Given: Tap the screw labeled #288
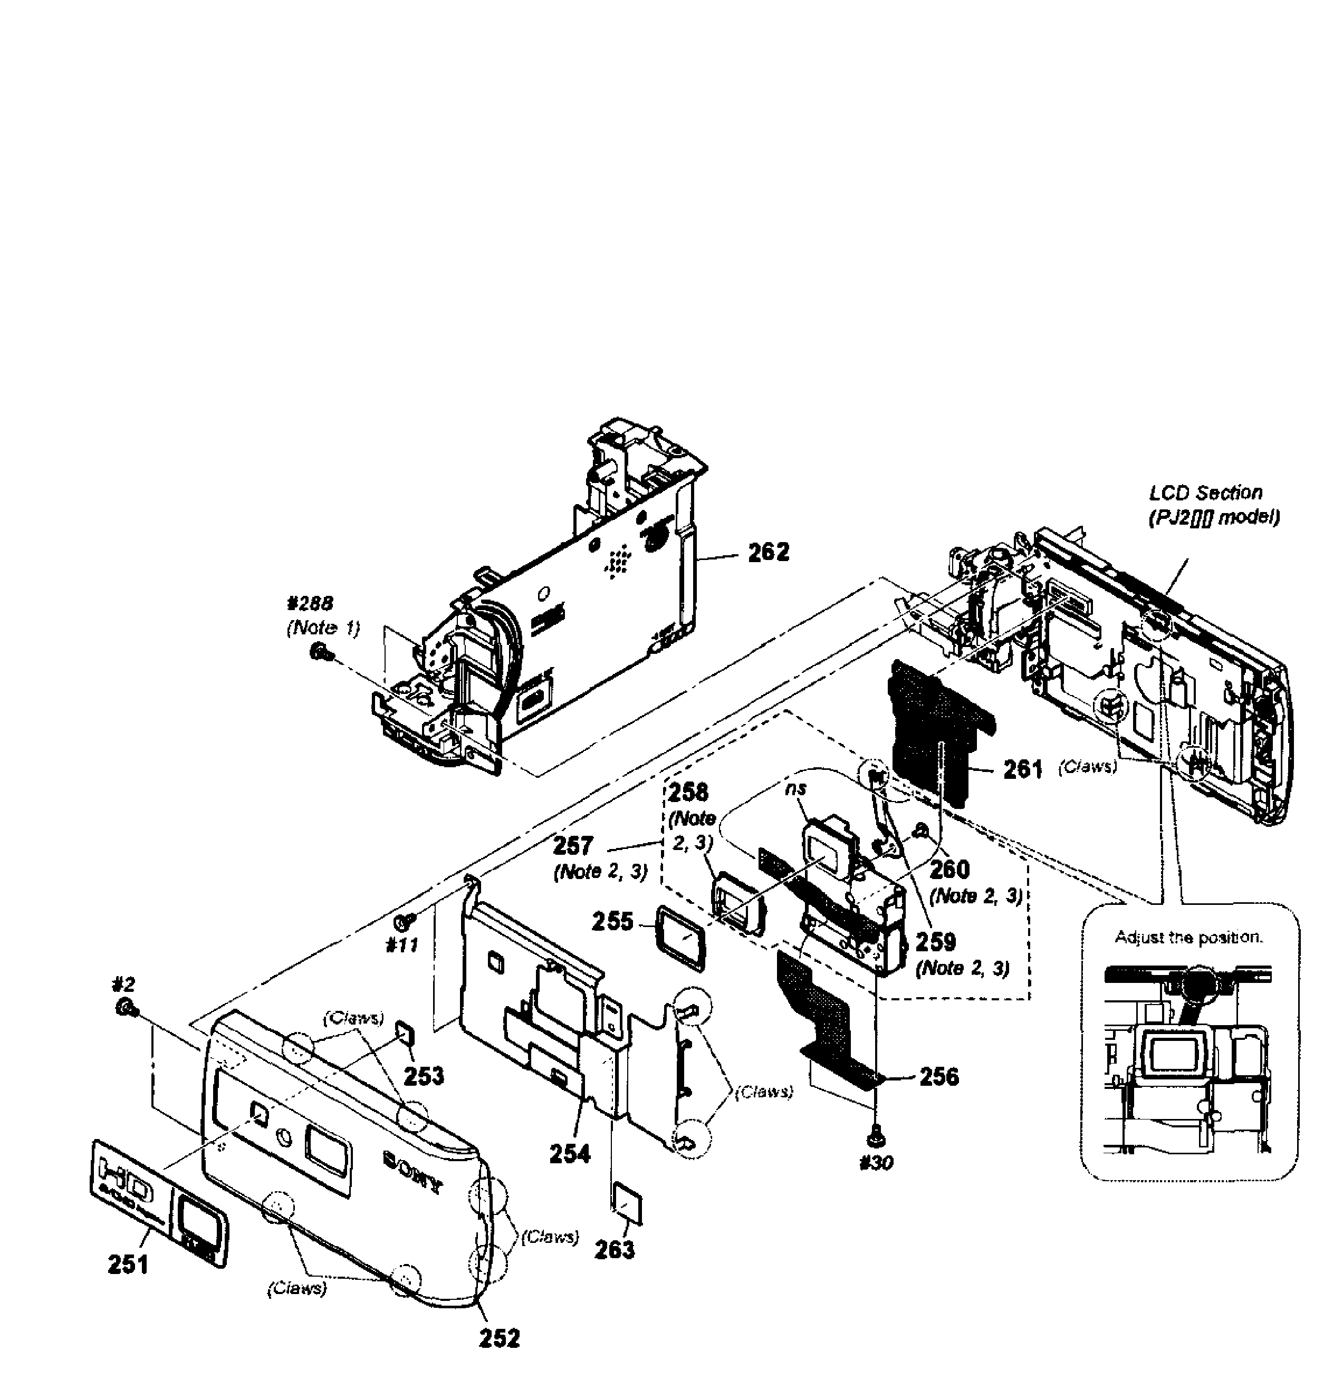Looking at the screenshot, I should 318,652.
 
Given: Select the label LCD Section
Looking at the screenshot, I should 1205,492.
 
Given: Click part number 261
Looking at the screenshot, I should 1023,769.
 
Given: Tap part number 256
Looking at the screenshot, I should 939,1076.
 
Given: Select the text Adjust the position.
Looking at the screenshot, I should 1189,937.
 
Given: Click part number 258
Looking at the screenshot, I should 688,793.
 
